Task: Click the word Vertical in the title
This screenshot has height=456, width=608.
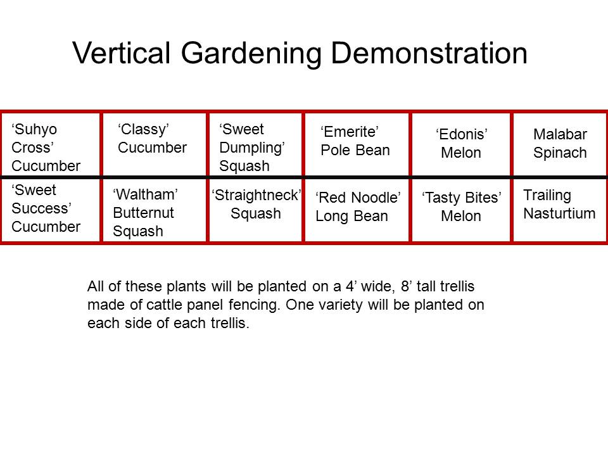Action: (122, 53)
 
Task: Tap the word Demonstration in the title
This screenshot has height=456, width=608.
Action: (429, 53)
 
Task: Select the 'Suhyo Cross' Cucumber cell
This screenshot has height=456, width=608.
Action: (51, 144)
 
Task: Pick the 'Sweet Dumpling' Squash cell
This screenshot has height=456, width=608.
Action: (255, 144)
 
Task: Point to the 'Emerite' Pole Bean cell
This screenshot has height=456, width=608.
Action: (357, 144)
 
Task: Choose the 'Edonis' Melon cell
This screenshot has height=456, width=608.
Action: (461, 144)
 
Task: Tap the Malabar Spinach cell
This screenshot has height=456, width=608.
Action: (560, 144)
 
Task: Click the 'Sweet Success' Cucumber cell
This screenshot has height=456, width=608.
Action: (51, 210)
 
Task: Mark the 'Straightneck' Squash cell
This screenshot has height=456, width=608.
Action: (255, 210)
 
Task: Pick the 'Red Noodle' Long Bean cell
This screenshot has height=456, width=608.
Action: (357, 210)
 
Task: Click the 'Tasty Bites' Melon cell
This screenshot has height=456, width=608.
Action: (461, 210)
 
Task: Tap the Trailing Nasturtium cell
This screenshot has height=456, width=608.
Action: (560, 210)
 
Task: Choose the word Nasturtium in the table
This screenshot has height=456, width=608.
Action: (559, 213)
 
